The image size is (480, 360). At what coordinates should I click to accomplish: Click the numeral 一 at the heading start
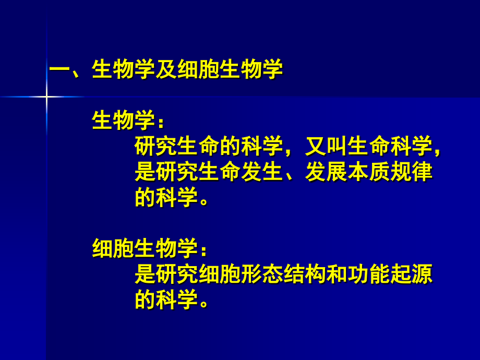(x=59, y=70)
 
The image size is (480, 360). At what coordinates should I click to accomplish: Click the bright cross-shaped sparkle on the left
(x=46, y=97)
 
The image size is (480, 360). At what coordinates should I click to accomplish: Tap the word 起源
(x=412, y=274)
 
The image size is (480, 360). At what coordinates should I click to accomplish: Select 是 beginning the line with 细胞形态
(x=145, y=274)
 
